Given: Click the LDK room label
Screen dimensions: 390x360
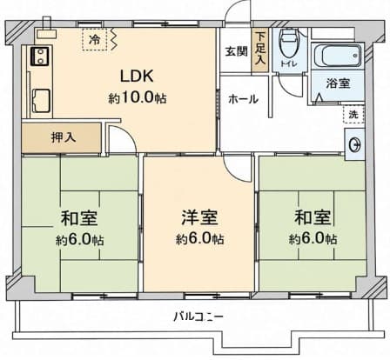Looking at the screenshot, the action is (137, 77).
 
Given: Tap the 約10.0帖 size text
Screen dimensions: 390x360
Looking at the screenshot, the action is (138, 98).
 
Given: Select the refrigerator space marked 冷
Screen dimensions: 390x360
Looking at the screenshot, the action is (94, 40).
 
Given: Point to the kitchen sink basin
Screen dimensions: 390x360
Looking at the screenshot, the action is (42, 100).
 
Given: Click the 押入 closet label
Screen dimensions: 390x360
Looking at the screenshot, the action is (64, 137).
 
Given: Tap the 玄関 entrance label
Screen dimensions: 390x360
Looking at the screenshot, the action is (237, 51).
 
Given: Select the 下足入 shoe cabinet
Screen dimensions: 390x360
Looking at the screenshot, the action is (260, 50).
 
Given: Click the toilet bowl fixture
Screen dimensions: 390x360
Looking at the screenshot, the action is (288, 43).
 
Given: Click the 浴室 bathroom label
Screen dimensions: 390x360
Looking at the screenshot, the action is (338, 83).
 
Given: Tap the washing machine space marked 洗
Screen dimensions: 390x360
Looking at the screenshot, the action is (353, 115).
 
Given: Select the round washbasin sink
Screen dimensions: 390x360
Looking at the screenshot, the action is (354, 144).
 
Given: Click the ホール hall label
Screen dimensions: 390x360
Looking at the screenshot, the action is (243, 99).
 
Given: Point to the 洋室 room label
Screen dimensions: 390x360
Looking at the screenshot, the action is (199, 217).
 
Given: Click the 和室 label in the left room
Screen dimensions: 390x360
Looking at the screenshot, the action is (79, 218).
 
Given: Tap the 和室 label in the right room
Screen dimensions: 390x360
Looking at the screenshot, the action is (313, 217).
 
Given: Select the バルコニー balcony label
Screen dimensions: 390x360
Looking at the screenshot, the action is (198, 317).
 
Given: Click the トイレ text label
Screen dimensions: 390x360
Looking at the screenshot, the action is (289, 63).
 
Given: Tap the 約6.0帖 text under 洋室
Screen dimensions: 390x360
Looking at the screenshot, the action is (199, 239).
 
